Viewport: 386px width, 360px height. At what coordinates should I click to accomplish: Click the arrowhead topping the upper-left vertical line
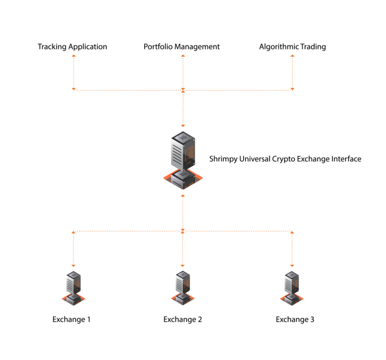(74, 56)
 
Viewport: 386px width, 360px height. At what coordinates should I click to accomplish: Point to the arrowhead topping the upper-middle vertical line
(183, 56)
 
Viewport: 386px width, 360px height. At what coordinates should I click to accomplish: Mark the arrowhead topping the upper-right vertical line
(292, 56)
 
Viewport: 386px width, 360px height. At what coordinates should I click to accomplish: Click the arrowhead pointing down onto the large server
(183, 125)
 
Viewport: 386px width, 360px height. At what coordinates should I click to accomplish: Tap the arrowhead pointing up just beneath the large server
(183, 196)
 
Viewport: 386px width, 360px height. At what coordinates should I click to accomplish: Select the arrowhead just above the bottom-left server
(74, 265)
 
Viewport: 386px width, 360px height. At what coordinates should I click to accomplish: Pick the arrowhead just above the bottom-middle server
(183, 265)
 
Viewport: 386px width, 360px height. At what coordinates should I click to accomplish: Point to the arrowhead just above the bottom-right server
(292, 265)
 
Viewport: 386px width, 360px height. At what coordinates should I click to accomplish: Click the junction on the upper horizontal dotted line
(183, 90)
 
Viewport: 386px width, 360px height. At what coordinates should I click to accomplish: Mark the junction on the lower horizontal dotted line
(183, 231)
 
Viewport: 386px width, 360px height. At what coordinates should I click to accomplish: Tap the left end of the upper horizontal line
(74, 90)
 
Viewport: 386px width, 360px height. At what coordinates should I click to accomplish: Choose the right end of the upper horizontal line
(292, 90)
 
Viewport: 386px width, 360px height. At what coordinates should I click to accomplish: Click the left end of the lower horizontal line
(74, 232)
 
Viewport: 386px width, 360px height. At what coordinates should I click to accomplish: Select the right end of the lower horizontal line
(292, 232)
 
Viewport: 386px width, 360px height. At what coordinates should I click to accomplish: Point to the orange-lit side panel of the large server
(189, 152)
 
